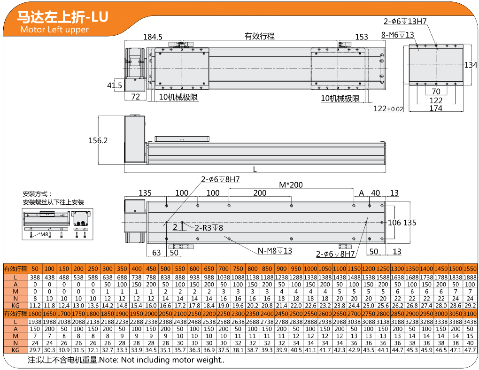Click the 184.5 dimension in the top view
pos(153,37)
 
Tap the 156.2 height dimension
pos(98,140)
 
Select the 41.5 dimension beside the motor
pos(115,85)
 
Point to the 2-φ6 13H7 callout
pos(405,21)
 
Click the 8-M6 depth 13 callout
pos(397,35)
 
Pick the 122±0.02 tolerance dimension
pos(388,108)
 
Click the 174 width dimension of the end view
pos(436,108)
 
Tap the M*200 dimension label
pos(291,185)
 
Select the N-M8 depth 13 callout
pos(275,251)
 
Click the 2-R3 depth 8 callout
pos(209,228)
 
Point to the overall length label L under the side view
pos(255,169)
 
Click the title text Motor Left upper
pos(54,29)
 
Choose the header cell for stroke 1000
pos(310,269)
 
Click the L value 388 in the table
pos(35,277)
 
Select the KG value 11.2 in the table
pos(35,306)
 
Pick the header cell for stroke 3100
pos(470,314)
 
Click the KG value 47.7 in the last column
pos(470,350)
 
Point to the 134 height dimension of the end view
pos(471,65)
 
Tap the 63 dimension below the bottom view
pos(156,253)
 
